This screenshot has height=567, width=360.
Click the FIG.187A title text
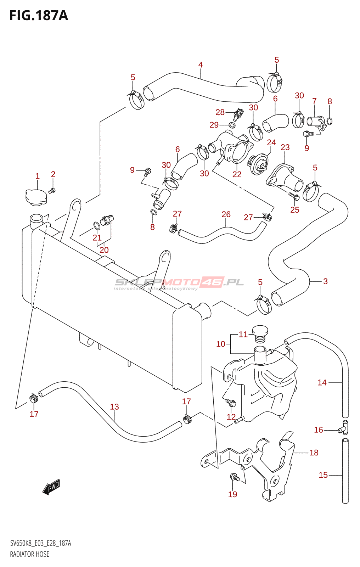click(38, 16)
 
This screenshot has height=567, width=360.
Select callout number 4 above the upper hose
click(201, 65)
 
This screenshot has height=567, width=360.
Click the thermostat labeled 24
click(258, 164)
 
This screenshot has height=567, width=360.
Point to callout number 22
click(237, 174)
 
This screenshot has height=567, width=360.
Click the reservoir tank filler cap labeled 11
click(260, 333)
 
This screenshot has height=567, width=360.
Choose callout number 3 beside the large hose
click(325, 281)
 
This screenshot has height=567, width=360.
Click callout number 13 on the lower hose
click(114, 407)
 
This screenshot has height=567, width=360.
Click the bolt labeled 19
click(234, 478)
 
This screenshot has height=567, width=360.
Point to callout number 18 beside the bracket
click(314, 453)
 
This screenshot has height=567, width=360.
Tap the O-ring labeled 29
click(232, 125)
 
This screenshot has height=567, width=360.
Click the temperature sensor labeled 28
click(237, 114)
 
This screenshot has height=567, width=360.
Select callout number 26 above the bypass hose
click(226, 214)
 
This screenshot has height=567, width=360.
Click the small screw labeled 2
click(52, 191)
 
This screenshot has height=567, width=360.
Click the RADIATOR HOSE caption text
click(30, 554)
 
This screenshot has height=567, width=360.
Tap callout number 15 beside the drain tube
click(323, 475)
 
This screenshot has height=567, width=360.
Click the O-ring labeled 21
click(96, 225)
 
